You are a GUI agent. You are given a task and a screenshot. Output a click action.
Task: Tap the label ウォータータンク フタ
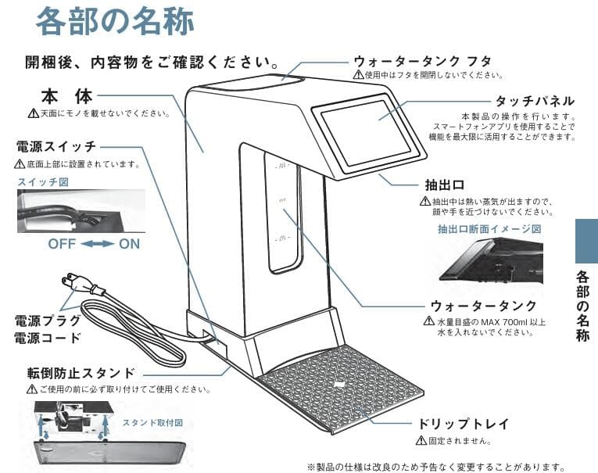pyautogui.click(x=421, y=60)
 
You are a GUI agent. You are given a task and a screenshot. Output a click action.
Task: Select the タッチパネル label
pyautogui.click(x=535, y=101)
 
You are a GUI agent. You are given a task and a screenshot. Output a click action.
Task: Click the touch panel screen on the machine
pyautogui.click(x=366, y=131)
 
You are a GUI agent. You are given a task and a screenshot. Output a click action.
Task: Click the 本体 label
pyautogui.click(x=66, y=96)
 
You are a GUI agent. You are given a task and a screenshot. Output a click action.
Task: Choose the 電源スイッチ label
pyautogui.click(x=56, y=147)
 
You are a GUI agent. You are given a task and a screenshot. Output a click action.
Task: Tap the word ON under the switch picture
pyautogui.click(x=130, y=243)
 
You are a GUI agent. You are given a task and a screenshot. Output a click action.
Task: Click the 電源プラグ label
pyautogui.click(x=48, y=321)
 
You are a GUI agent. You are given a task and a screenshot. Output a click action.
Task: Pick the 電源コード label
pyautogui.click(x=48, y=339)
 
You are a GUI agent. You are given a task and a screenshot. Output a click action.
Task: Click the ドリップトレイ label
pyautogui.click(x=465, y=424)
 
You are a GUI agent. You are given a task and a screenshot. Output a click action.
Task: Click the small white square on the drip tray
pyautogui.click(x=338, y=384)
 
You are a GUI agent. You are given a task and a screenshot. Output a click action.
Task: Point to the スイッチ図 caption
pyautogui.click(x=40, y=181)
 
